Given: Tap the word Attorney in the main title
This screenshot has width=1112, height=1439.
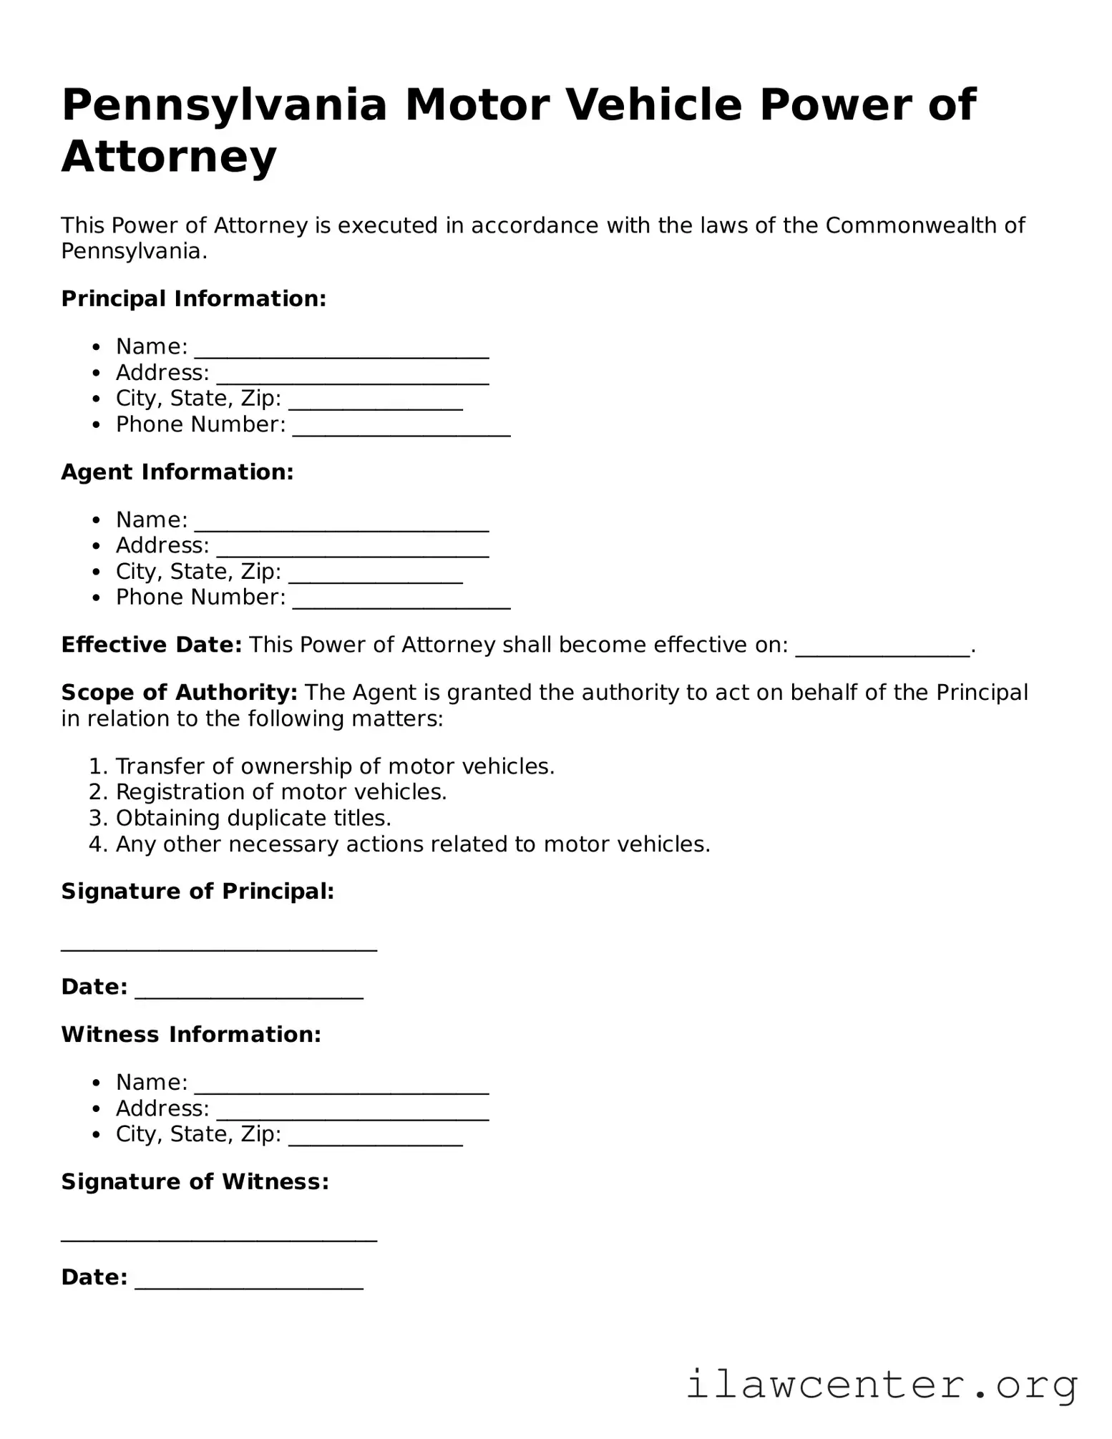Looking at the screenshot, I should [169, 157].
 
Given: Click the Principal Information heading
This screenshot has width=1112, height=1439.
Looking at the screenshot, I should [194, 298].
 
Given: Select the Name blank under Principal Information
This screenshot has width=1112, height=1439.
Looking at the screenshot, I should [341, 351].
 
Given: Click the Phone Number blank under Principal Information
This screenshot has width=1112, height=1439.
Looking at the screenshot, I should [401, 429].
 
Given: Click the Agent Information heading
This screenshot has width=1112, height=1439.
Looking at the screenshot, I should [177, 472].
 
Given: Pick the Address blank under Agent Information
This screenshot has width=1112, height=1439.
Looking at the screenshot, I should [353, 550].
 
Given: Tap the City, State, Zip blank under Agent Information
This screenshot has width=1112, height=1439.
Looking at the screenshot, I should [376, 576].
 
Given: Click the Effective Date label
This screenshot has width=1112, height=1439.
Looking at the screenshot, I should [152, 645].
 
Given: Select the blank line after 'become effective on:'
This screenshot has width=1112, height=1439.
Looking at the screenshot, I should [882, 649].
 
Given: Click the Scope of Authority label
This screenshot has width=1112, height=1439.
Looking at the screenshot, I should [179, 692].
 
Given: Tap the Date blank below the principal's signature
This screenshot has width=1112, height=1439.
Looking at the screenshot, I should [249, 992].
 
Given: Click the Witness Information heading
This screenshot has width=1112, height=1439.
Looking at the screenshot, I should [191, 1034].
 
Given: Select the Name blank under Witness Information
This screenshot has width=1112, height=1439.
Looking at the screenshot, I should [341, 1086].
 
